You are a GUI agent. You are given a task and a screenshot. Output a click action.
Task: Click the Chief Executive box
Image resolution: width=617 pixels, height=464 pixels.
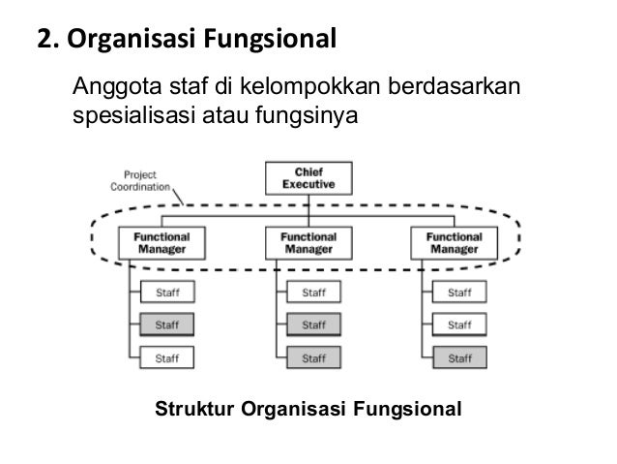point(308,177)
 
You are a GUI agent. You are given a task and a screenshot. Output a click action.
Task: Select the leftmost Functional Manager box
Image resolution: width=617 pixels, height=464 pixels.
point(162,241)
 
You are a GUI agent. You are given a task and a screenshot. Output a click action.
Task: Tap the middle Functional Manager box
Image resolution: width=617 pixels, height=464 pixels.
point(308,241)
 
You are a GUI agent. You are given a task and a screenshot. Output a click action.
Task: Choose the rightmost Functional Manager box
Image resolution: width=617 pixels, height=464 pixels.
point(454,241)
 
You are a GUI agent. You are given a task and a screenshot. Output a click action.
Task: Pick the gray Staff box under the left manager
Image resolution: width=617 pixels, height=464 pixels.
point(167,324)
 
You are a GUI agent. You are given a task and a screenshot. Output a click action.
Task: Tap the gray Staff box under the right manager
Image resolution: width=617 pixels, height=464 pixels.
point(458,358)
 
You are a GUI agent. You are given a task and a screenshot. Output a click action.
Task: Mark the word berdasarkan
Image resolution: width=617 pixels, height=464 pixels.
point(455,90)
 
